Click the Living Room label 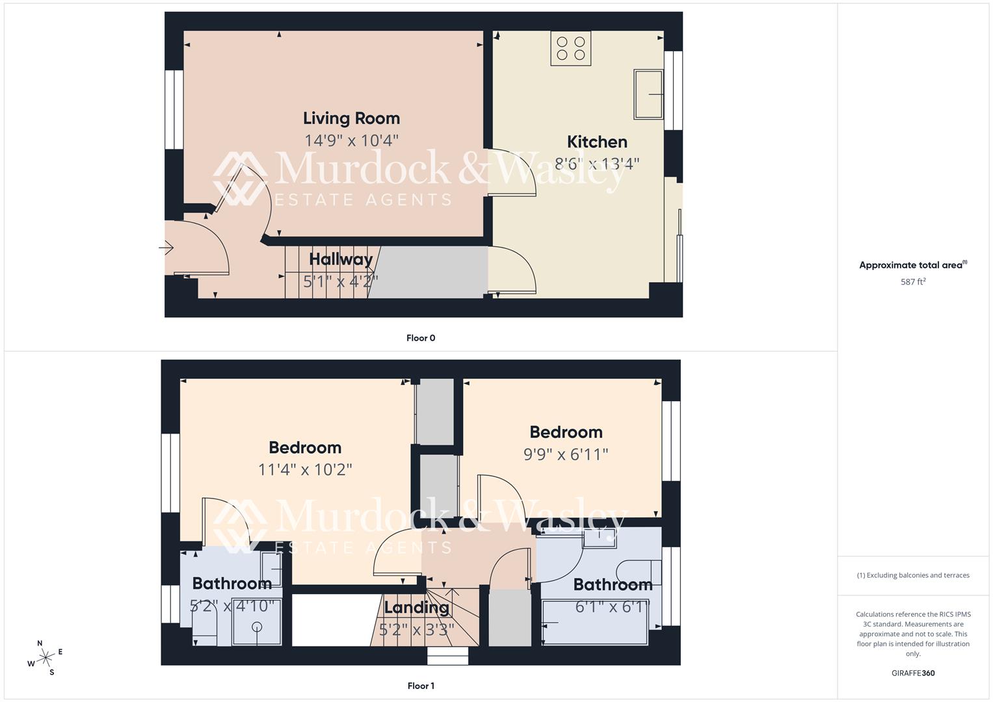click(351, 118)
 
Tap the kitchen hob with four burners click(570, 48)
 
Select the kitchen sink click(648, 94)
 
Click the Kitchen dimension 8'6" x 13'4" click(597, 163)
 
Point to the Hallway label click(341, 259)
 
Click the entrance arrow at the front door click(166, 248)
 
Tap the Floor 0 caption click(421, 338)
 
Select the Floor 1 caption click(421, 686)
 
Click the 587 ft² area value click(913, 282)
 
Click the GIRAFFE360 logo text click(913, 673)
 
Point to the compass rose click(46, 658)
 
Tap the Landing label click(416, 608)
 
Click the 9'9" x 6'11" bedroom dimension click(566, 454)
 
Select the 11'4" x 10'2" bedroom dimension click(305, 469)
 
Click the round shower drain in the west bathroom click(257, 627)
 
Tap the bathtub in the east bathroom click(595, 623)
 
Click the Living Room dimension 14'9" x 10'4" click(351, 140)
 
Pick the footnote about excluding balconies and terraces click(913, 575)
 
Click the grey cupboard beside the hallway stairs click(429, 272)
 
